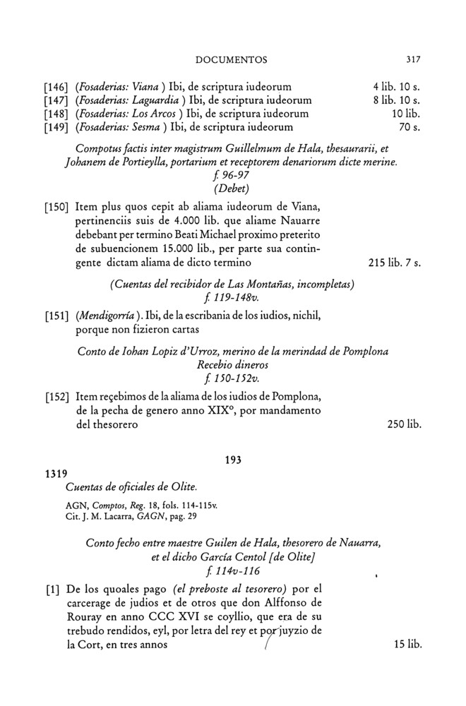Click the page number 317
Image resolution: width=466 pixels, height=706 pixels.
(414, 59)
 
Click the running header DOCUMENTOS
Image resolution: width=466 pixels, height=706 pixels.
(232, 59)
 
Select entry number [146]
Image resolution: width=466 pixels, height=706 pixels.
(57, 88)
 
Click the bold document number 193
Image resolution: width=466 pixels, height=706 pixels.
(233, 460)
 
